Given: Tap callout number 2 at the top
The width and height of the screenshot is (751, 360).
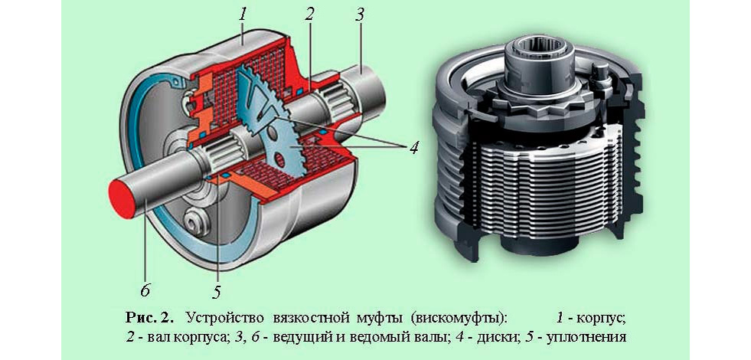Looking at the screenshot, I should [x=309, y=13].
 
